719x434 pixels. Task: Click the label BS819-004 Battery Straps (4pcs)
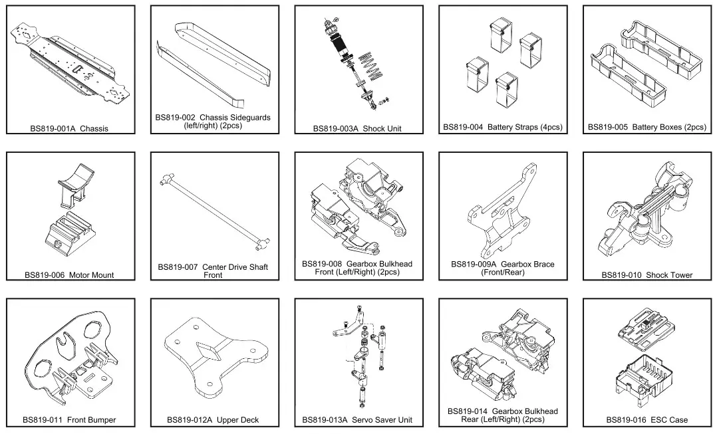502,127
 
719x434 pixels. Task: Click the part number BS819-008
323,264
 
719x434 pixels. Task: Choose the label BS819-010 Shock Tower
647,274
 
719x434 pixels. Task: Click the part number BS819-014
468,411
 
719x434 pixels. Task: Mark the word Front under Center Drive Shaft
213,275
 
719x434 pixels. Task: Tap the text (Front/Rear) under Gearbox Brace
502,272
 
